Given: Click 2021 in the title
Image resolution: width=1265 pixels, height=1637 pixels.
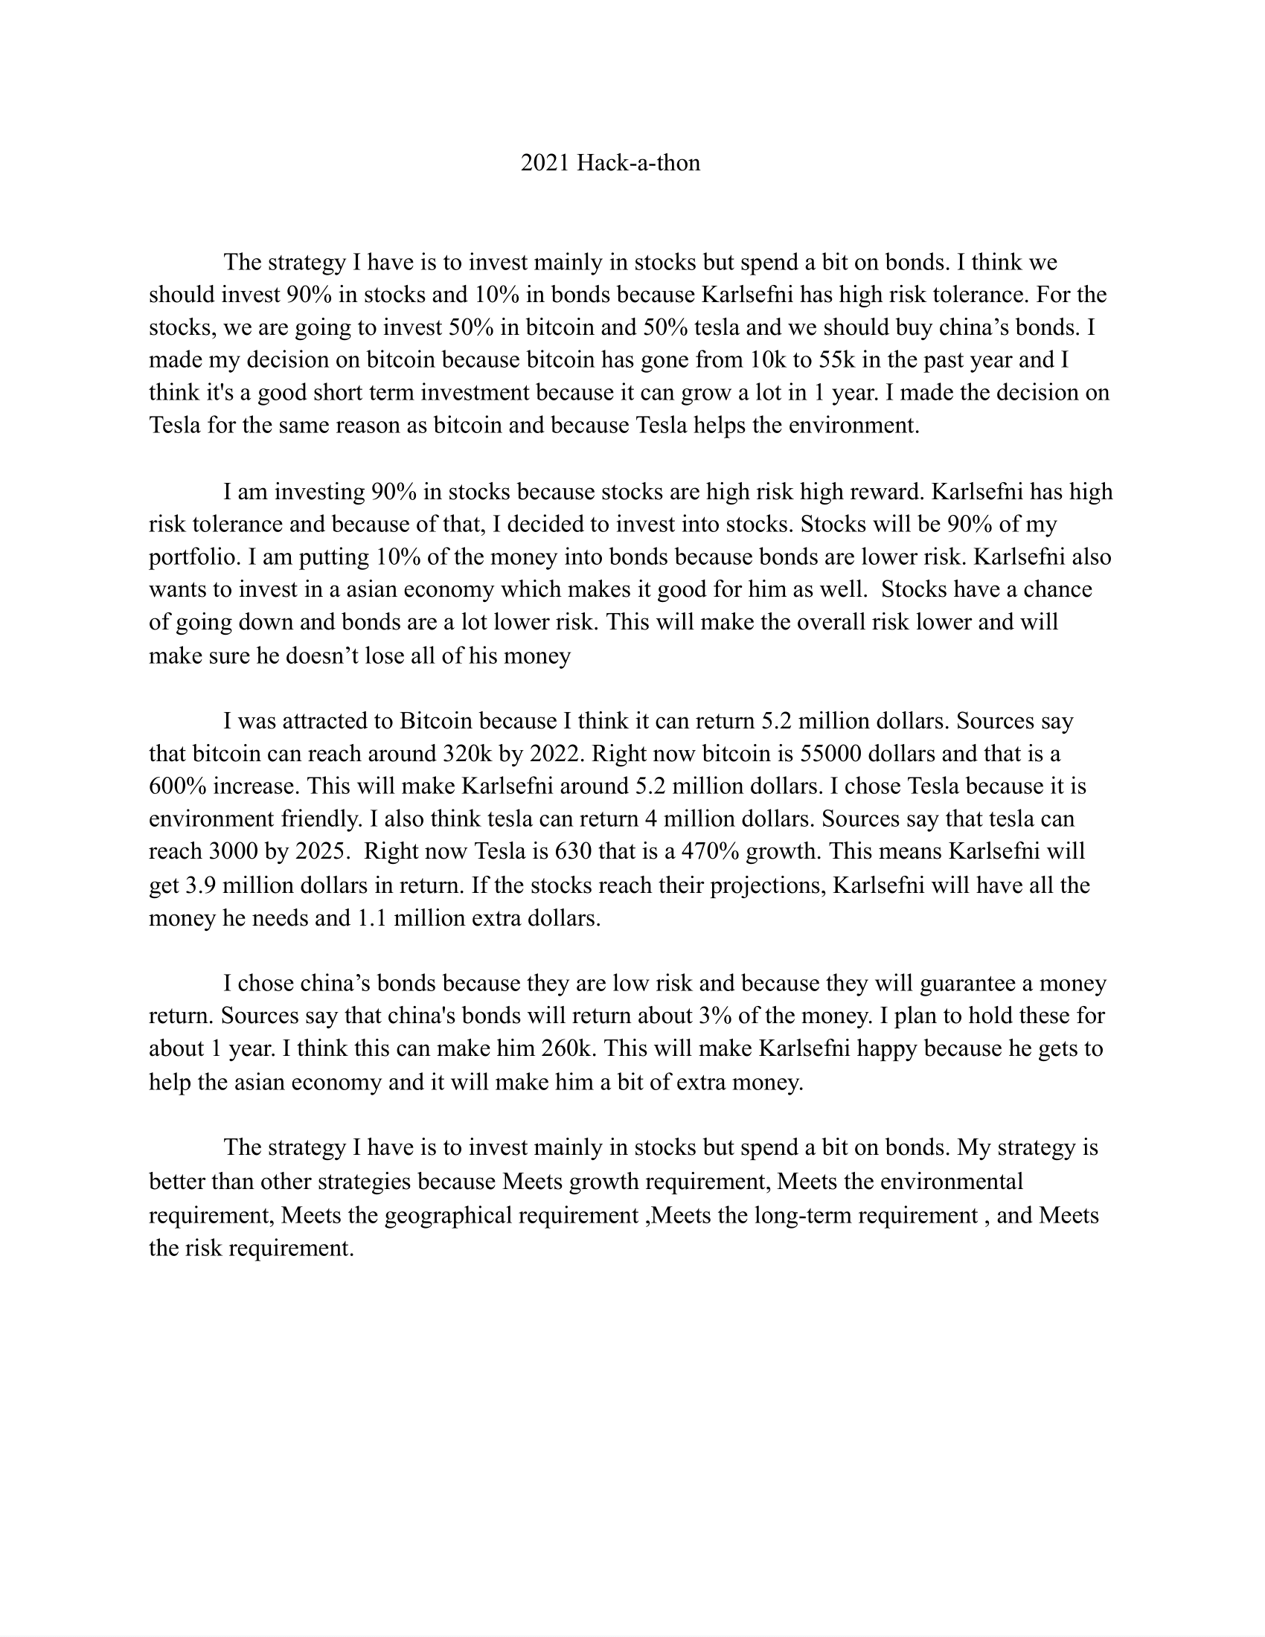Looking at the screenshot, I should (545, 163).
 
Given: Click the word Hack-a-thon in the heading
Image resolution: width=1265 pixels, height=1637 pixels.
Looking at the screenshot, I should (638, 163).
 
